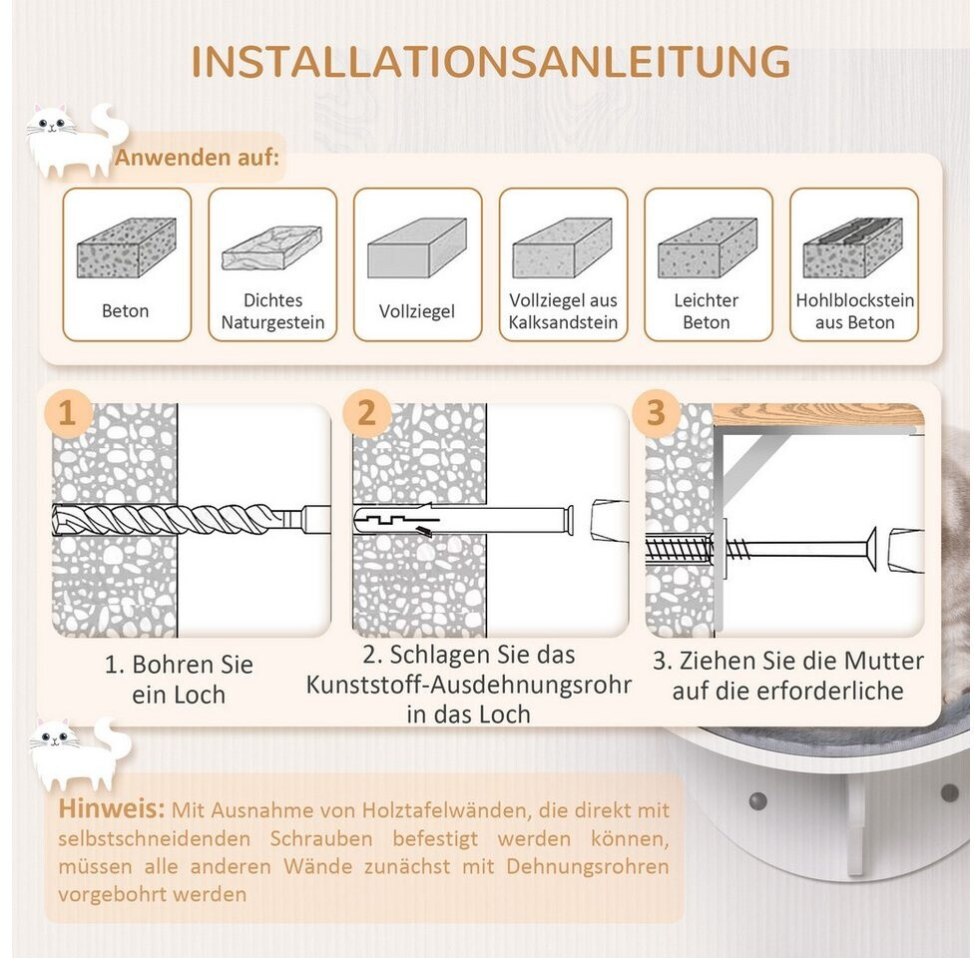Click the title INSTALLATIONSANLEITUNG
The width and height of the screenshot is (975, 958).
[x=490, y=61]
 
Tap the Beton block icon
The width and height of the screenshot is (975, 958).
[x=127, y=248]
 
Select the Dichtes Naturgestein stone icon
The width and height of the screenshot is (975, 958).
[x=271, y=247]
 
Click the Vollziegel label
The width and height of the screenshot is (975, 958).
[x=416, y=311]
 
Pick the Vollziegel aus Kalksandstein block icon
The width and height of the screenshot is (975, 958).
[x=562, y=247]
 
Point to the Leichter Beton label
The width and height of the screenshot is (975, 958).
[x=707, y=311]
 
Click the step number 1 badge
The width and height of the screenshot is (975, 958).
[x=68, y=413]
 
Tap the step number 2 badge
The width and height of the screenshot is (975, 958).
[x=367, y=413]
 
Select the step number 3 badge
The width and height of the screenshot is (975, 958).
[x=656, y=413]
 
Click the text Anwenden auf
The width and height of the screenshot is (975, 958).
[x=197, y=159]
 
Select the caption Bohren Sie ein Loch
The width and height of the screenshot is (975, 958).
[x=180, y=679]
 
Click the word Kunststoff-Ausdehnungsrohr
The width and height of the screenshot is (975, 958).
[x=469, y=686]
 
